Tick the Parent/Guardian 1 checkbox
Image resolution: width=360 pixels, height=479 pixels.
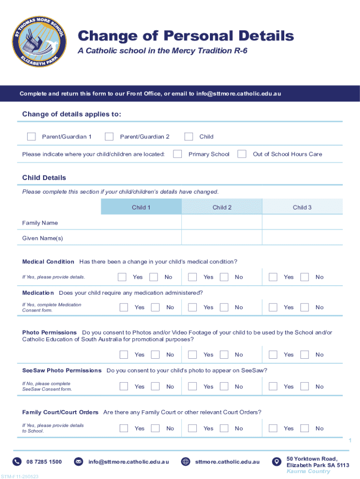click(x=31, y=137)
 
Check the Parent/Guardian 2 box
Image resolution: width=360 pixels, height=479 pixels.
click(x=109, y=137)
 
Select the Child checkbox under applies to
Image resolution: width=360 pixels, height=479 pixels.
click(x=189, y=137)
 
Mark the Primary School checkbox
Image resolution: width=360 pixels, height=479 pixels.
click(x=178, y=154)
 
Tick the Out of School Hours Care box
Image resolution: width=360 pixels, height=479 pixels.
click(x=242, y=154)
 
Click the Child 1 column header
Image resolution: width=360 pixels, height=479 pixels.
click(x=141, y=207)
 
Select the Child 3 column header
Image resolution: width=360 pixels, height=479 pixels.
click(x=302, y=207)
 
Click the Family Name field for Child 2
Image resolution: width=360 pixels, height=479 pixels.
click(x=222, y=223)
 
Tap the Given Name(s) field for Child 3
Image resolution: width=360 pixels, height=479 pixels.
click(x=302, y=238)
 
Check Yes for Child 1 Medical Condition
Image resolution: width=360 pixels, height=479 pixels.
click(x=122, y=277)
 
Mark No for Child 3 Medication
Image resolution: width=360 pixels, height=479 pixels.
click(x=305, y=307)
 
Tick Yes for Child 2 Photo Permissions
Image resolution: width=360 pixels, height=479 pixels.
click(x=193, y=355)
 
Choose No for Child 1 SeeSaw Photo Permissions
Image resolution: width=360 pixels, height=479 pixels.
click(x=156, y=386)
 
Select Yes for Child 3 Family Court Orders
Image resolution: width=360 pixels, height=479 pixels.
click(x=273, y=428)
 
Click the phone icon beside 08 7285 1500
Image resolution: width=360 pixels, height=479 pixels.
click(x=17, y=462)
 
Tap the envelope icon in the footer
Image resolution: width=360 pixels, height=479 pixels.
click(x=79, y=462)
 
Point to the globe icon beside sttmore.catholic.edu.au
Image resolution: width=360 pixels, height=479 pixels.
click(x=186, y=462)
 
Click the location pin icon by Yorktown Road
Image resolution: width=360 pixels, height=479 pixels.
click(x=276, y=462)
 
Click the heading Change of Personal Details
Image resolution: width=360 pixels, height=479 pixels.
click(x=186, y=36)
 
